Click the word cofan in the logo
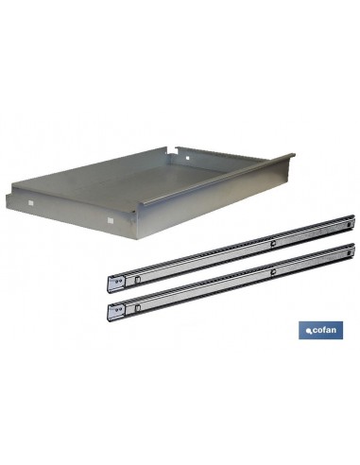coord(324,330)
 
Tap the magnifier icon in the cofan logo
coord(309,331)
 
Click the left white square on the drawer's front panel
coord(30,203)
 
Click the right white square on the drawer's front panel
coord(111,220)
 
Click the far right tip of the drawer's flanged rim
coord(294,155)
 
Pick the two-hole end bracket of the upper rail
coord(116,284)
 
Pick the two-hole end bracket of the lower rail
coord(116,312)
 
